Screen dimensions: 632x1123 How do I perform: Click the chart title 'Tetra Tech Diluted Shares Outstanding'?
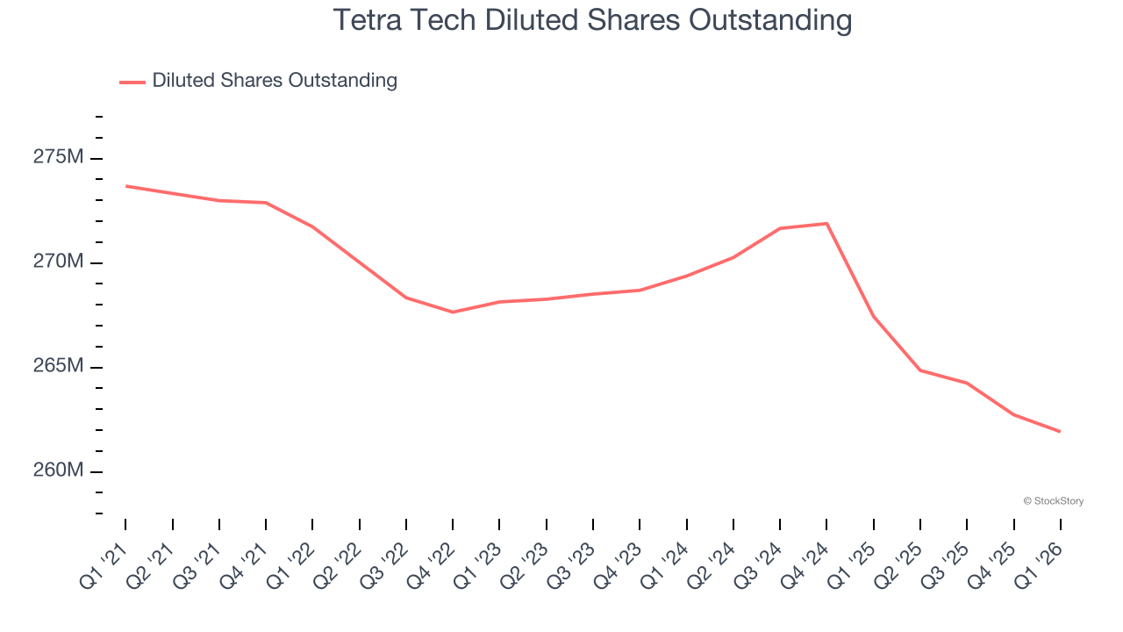(x=592, y=19)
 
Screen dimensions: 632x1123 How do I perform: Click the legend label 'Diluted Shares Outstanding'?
(x=275, y=81)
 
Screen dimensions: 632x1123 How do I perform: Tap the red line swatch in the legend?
(x=132, y=82)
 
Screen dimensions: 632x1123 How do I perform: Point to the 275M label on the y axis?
(x=59, y=158)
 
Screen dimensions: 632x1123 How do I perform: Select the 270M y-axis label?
(x=59, y=262)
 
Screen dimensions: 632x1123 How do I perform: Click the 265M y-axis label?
(x=59, y=366)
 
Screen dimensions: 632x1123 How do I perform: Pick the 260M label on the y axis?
(x=59, y=470)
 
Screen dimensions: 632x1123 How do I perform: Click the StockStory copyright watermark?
(x=1053, y=501)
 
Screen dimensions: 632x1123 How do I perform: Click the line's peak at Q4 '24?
(x=826, y=224)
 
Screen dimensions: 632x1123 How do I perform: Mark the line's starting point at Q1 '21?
(x=126, y=186)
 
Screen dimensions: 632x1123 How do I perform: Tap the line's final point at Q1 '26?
(x=1060, y=431)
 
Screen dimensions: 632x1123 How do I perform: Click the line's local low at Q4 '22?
(x=453, y=312)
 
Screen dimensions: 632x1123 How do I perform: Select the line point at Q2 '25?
(x=920, y=370)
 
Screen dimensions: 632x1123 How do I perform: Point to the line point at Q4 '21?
(x=266, y=203)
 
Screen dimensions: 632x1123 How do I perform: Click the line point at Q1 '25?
(x=873, y=316)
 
